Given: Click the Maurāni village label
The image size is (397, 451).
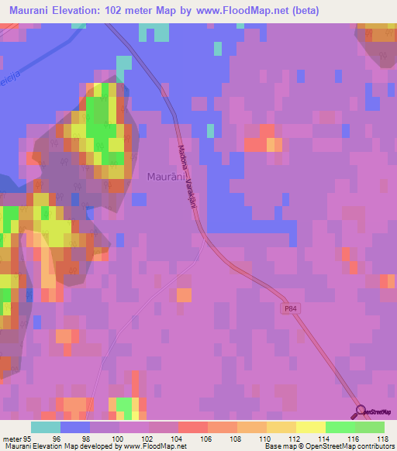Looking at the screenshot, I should pos(165,177).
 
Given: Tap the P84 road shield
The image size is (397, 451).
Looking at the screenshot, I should pos(288,308).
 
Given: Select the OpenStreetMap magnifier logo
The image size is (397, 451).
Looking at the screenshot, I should pos(358,411).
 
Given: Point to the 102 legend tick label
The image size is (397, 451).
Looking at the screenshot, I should pos(150,437).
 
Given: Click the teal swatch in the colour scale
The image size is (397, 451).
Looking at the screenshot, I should pos(45,427).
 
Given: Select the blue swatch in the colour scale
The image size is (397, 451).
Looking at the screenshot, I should pos(75,427).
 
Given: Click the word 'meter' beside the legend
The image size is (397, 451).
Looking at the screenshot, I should pos(10,437).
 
